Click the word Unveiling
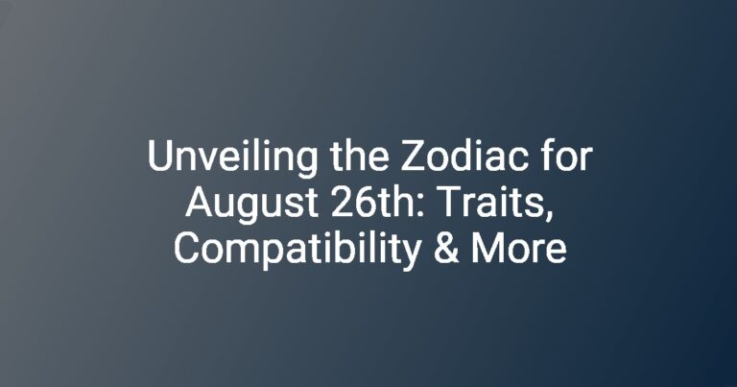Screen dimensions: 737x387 point(232,157)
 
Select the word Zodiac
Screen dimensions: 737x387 point(463,156)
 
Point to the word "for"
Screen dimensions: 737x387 point(564,156)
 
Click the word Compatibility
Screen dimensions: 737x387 point(297,251)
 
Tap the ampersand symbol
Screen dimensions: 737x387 point(446,249)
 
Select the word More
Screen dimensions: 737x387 point(519,249)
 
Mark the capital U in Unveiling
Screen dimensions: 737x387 point(159,156)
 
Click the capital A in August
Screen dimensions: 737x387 point(199,203)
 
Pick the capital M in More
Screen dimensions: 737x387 point(486,249)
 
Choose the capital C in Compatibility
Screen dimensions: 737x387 point(185,249)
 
